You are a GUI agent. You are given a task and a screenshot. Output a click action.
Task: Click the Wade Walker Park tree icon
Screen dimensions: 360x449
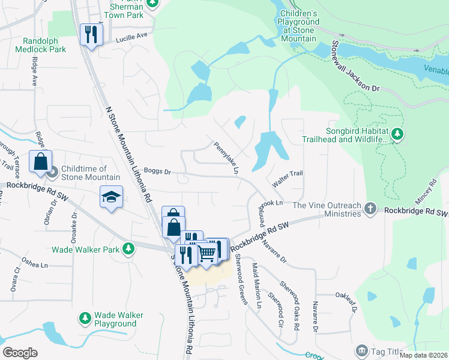[x=128, y=248]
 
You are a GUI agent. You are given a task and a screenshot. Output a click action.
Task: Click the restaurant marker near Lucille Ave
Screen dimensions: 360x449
[x=91, y=34]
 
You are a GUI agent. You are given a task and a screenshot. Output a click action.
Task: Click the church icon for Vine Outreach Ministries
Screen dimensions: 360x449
[x=370, y=208]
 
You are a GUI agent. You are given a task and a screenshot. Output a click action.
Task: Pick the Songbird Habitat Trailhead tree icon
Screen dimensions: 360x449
[x=397, y=135]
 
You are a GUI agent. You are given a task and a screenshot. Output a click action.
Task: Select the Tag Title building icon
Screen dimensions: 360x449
[x=361, y=350]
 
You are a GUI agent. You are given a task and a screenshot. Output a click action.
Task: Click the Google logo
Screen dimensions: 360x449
[x=20, y=353]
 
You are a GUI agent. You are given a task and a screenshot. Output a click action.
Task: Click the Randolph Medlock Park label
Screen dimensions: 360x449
[x=44, y=45]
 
